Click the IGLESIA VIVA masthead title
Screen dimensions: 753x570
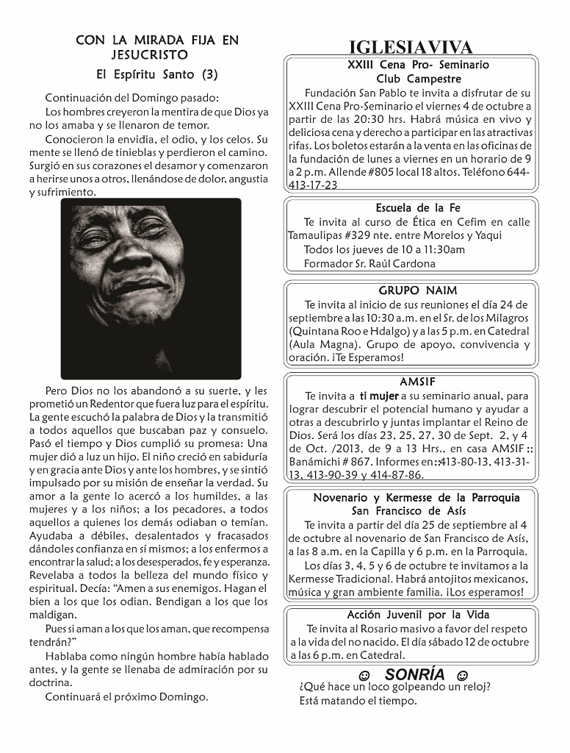(x=411, y=48)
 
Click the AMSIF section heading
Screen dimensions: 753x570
(x=418, y=382)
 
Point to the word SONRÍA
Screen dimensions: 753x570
(x=414, y=674)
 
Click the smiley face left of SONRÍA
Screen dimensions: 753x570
(x=364, y=675)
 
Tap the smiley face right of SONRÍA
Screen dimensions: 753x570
(x=461, y=675)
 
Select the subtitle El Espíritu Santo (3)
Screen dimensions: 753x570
(x=157, y=74)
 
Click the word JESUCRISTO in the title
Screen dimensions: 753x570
(x=149, y=54)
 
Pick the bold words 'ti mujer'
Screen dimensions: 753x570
(x=379, y=396)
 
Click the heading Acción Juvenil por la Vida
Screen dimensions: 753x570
(x=418, y=615)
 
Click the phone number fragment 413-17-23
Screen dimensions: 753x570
(x=313, y=185)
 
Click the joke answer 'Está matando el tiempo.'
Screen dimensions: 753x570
(x=358, y=701)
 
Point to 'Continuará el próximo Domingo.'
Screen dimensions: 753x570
(x=126, y=696)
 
